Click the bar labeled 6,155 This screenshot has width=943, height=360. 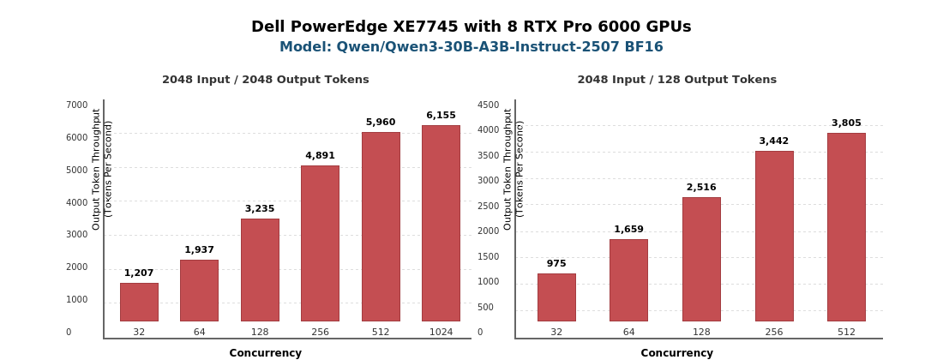coord(441,223)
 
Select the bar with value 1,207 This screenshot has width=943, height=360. coord(139,302)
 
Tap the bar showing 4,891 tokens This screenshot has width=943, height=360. coord(320,243)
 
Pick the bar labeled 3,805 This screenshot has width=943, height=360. coord(846,227)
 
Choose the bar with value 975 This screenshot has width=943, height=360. coord(556,297)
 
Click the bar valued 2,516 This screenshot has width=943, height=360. coord(701,259)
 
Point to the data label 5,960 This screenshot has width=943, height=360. coord(381,122)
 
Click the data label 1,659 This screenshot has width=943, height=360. coord(628,229)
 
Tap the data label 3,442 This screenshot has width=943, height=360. coord(774,141)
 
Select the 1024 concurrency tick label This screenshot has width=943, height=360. coord(441,332)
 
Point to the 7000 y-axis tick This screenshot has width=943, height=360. coord(77,105)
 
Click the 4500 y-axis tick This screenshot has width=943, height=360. coord(489,105)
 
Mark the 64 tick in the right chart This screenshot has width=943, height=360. coord(628,332)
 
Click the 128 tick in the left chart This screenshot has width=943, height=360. coord(260,332)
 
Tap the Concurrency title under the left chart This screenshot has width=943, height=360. coord(265,353)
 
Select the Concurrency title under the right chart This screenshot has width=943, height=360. coord(676,353)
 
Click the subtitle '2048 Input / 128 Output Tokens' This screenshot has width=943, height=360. coord(676,80)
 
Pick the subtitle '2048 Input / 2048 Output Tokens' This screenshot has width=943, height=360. coord(265,80)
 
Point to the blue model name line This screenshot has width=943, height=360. coord(471,47)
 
